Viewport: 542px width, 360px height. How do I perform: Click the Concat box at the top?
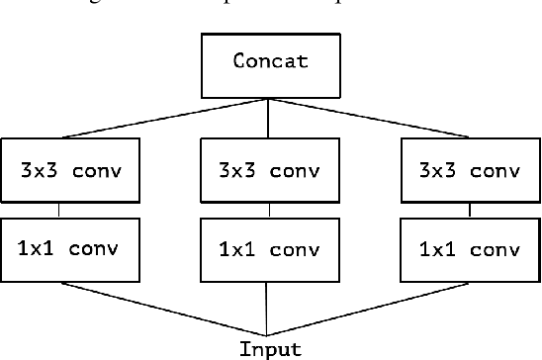pos(270,61)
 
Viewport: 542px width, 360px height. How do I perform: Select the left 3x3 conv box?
pos(70,169)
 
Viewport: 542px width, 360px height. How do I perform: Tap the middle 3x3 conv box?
pos(268,169)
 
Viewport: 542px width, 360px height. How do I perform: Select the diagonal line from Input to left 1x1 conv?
pos(168,309)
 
